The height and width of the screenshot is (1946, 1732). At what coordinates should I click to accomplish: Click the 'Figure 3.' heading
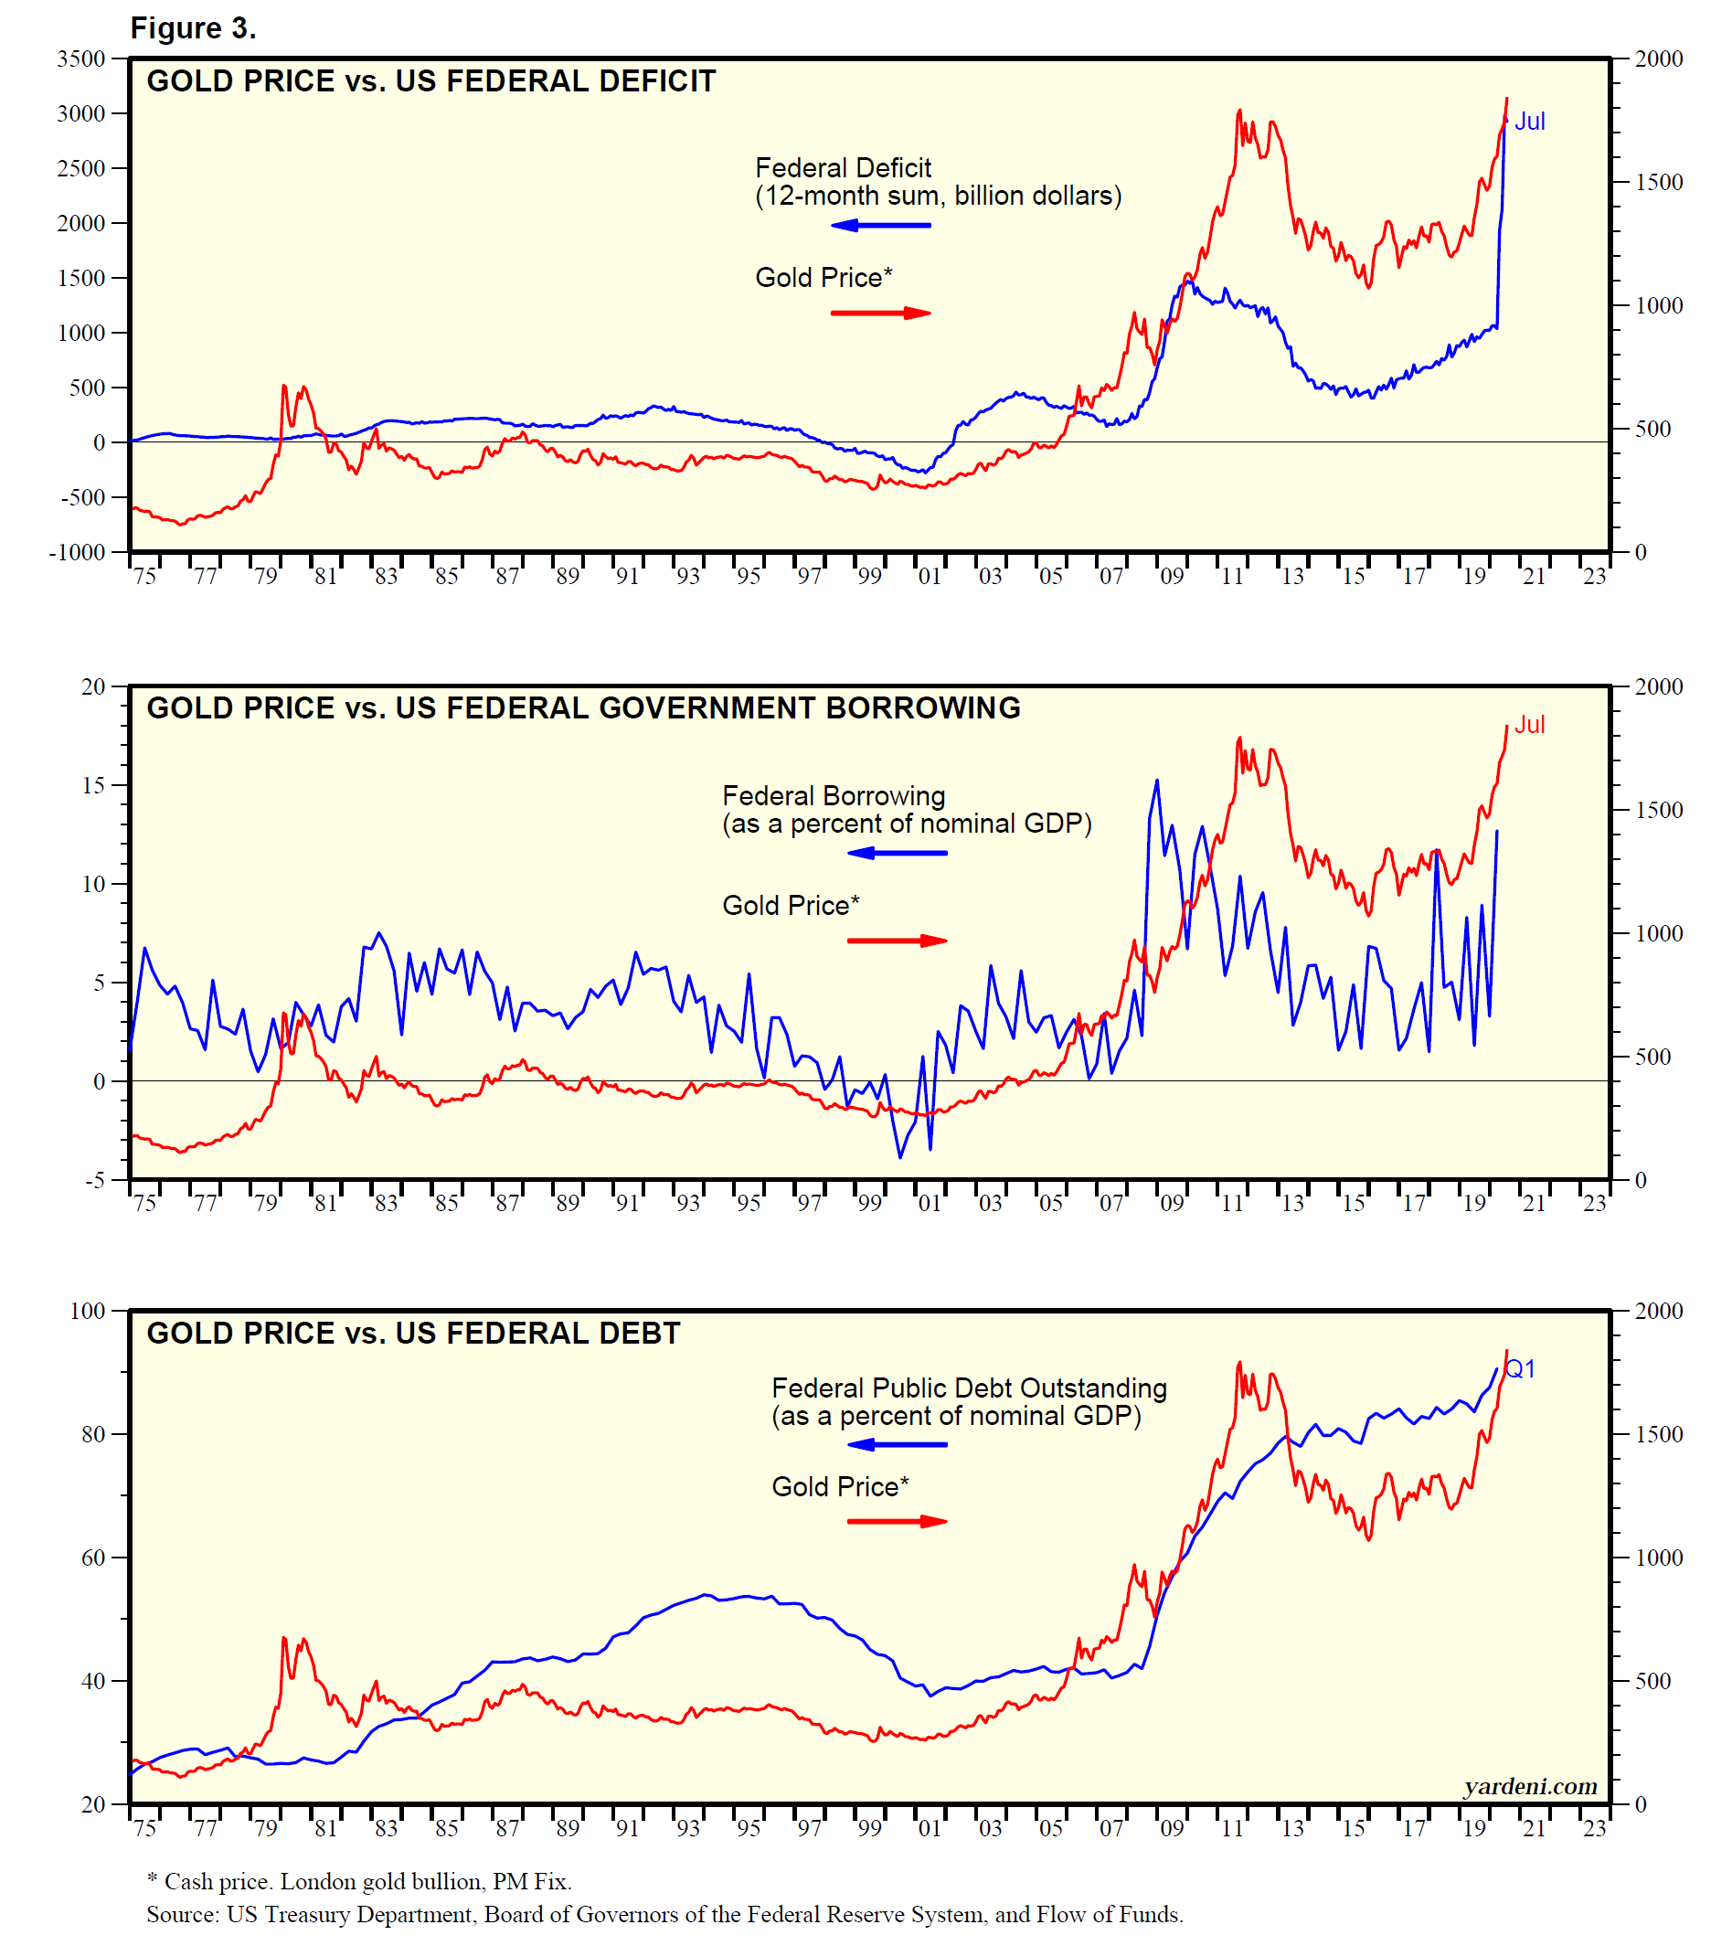coord(193,28)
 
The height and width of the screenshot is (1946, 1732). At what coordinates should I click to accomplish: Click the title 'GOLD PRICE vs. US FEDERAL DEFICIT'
coord(430,82)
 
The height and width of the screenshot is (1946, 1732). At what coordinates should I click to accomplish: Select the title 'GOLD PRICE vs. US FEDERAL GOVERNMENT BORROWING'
coord(583,708)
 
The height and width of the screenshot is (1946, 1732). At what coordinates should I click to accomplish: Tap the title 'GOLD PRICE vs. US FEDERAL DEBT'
coord(413,1333)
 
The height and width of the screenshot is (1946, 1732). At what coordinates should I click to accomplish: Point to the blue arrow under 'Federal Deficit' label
coord(880,226)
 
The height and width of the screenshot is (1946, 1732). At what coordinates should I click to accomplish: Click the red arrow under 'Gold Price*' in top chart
coord(880,314)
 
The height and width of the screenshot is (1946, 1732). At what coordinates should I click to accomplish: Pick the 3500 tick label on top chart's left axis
coord(81,59)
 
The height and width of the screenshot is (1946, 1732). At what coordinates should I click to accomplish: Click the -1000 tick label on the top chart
coord(77,552)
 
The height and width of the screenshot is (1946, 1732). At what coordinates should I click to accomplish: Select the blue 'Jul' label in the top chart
coord(1529,122)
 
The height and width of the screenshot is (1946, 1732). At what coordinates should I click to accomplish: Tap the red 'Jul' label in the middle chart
coord(1529,725)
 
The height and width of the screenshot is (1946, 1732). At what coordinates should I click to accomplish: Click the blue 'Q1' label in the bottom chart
coord(1521,1369)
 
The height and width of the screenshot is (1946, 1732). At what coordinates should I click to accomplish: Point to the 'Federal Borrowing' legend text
coord(834,796)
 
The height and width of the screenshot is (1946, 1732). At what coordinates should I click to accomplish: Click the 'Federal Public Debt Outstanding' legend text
coord(968,1388)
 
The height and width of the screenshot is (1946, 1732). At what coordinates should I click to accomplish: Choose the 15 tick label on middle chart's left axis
coord(93,785)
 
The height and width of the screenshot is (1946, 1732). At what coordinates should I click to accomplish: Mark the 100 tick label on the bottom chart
coord(88,1311)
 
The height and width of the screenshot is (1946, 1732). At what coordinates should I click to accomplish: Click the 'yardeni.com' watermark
coord(1530,1786)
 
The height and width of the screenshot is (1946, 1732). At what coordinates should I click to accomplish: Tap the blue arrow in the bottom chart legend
coord(897,1445)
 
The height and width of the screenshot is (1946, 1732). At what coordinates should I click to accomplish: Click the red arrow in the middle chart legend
coord(897,941)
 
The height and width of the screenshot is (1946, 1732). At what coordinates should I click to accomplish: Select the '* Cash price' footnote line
coord(359,1881)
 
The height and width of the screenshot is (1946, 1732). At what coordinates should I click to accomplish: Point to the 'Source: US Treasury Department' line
coord(664,1914)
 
